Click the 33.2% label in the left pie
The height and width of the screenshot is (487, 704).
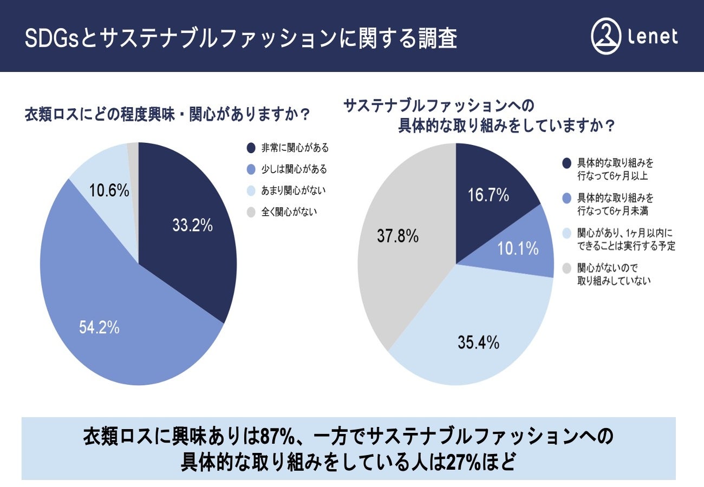pos(192,225)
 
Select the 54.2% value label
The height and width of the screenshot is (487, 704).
pos(99,327)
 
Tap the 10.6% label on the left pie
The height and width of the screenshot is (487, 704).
pos(109,190)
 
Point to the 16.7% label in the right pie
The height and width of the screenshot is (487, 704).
pos(488,195)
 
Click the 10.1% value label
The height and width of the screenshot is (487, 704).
pos(518,248)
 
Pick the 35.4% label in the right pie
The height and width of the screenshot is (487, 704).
pos(478,343)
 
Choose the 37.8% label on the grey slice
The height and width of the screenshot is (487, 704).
pos(397,236)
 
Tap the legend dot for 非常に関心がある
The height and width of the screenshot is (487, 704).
pos(251,148)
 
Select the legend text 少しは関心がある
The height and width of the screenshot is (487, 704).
pos(294,169)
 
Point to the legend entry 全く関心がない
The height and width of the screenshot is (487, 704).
pos(289,212)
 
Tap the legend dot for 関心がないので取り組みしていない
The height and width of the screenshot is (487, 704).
pos(567,268)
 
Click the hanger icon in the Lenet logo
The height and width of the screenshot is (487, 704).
pos(605,36)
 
